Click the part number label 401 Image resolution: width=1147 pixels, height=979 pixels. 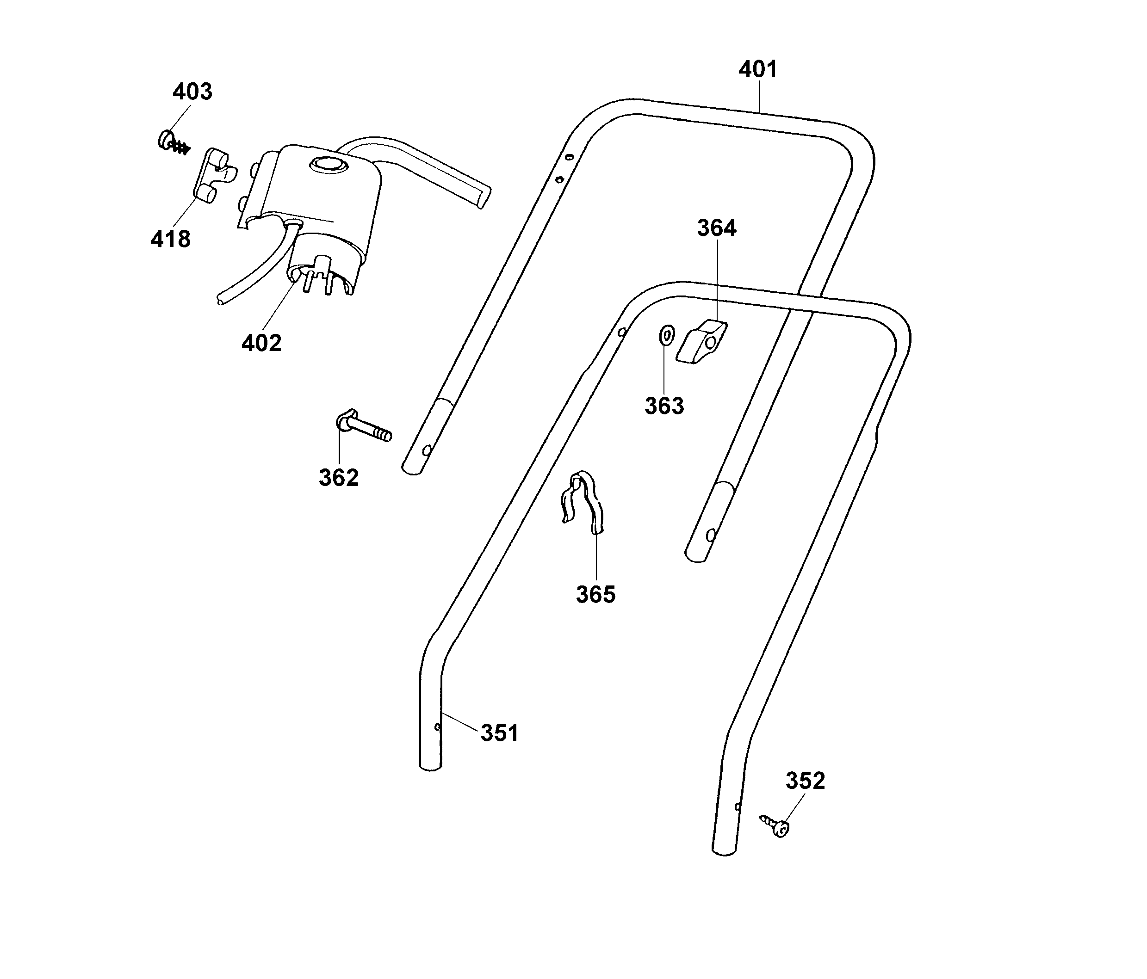click(x=758, y=70)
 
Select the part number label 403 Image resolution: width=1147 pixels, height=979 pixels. click(x=192, y=92)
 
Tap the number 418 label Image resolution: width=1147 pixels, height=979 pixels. click(x=170, y=239)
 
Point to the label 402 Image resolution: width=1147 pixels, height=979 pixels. click(x=261, y=343)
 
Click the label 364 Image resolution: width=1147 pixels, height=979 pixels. click(x=716, y=228)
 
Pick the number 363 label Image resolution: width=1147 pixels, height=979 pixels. click(x=664, y=406)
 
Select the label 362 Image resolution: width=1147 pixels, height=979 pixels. click(x=339, y=478)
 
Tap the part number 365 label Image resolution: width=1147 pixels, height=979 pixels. click(x=595, y=595)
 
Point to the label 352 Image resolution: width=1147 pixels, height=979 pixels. click(x=806, y=781)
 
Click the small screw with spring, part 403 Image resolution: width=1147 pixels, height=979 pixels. click(x=173, y=142)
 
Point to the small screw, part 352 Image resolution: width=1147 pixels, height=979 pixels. click(x=775, y=826)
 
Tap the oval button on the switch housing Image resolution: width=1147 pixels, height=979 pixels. click(x=327, y=164)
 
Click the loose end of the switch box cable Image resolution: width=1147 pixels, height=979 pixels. click(x=220, y=301)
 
